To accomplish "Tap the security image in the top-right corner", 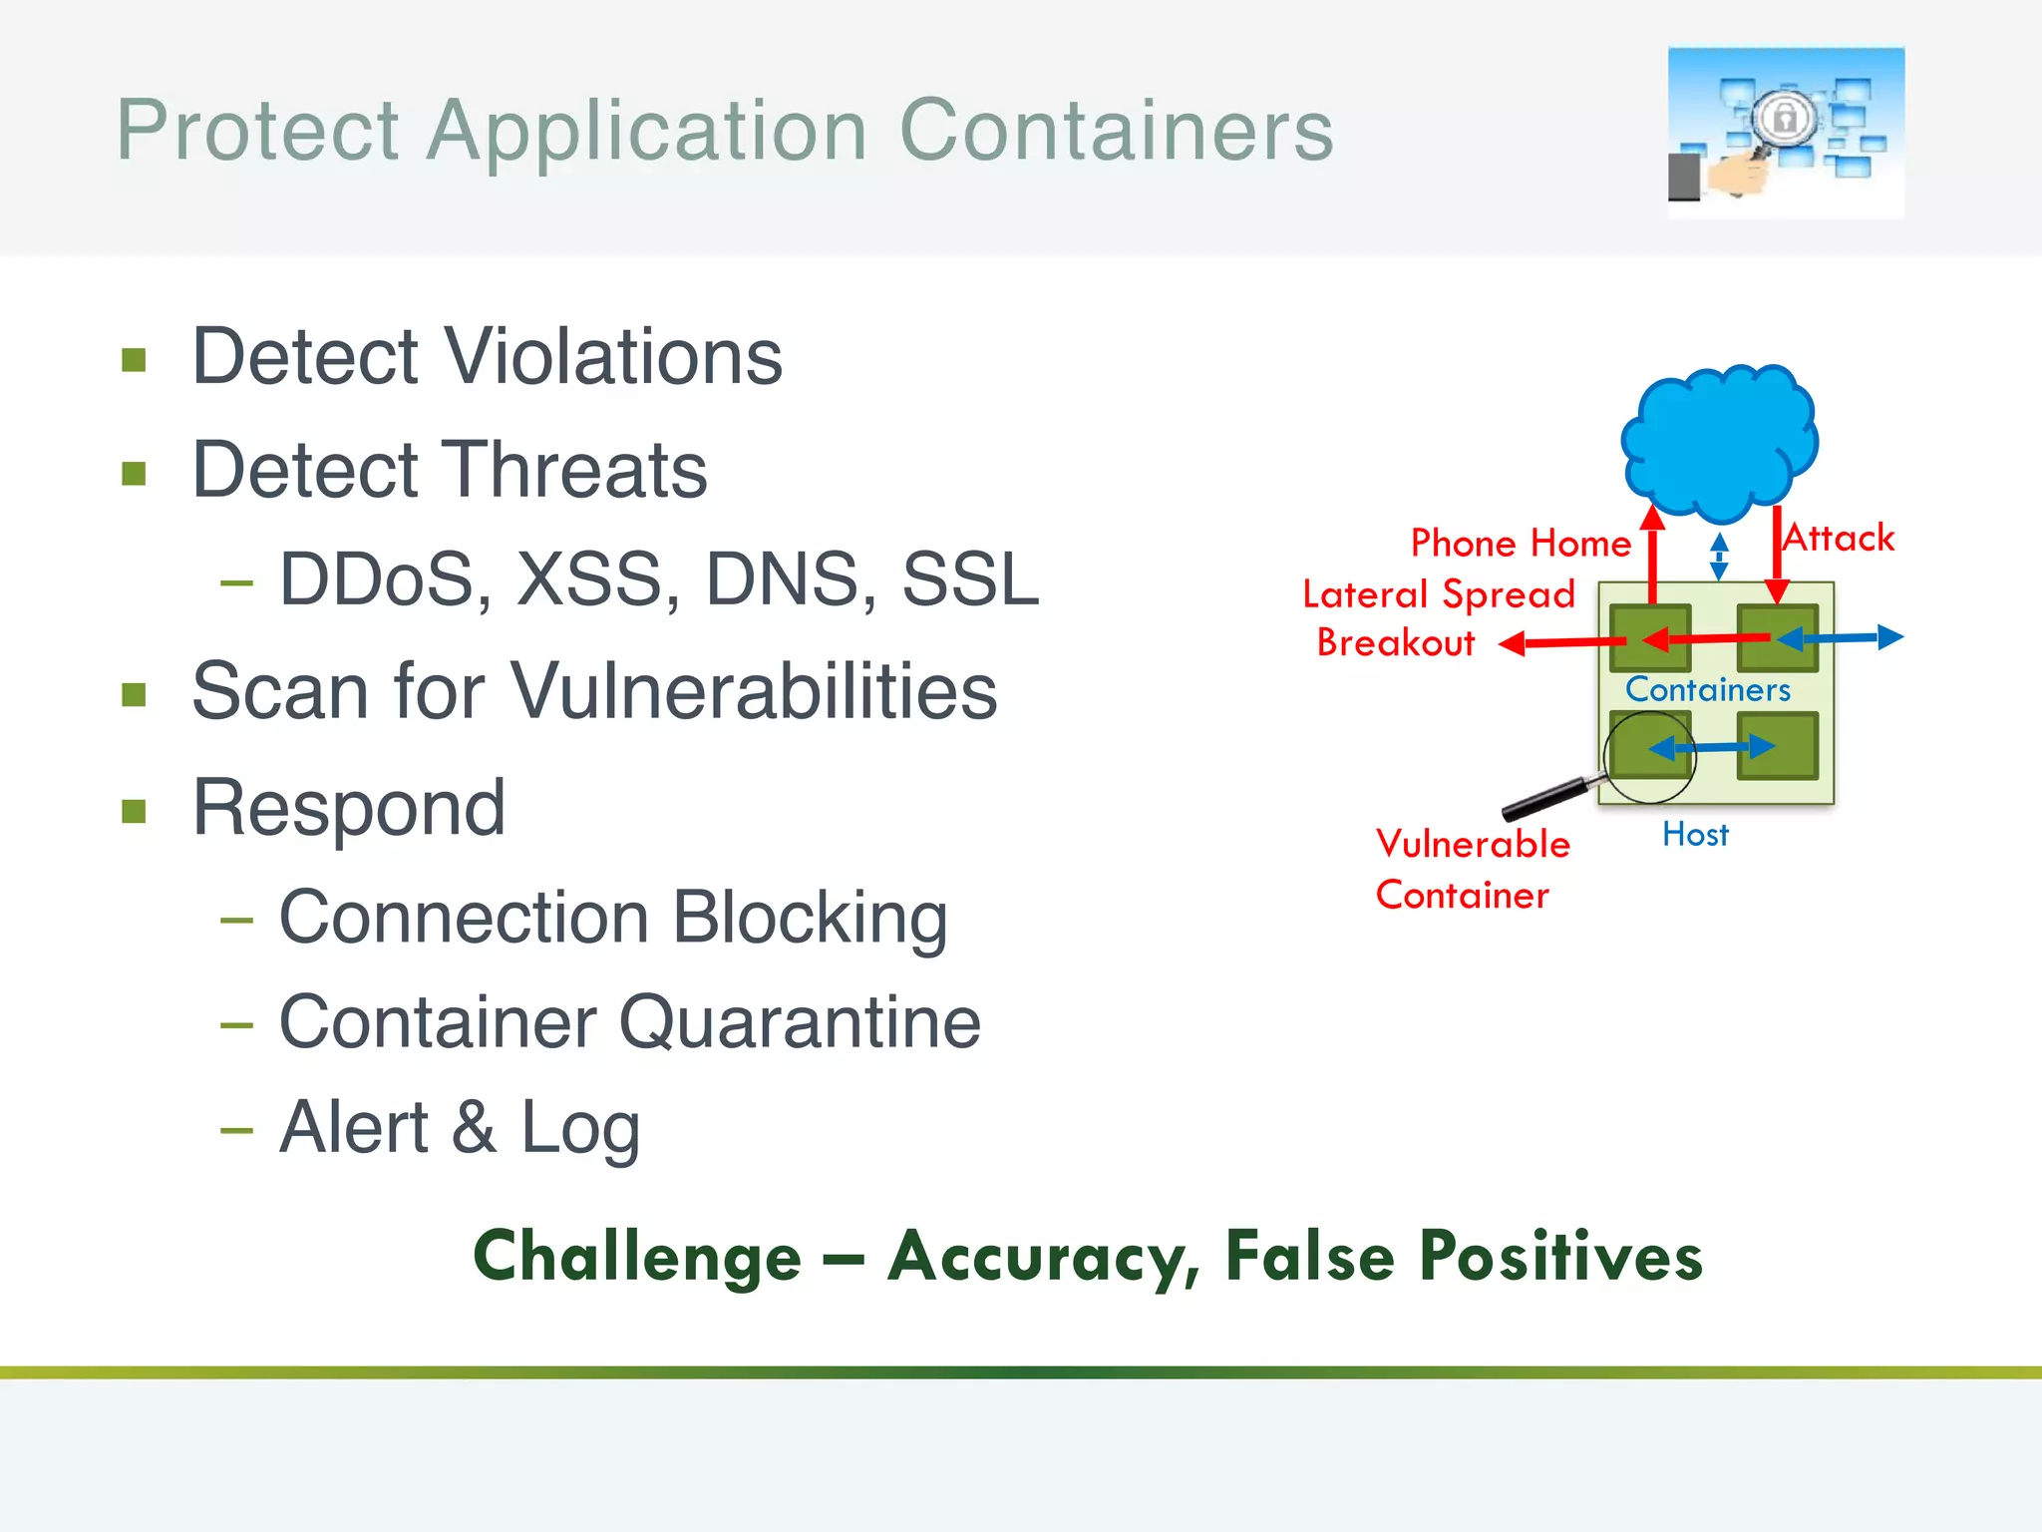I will click(1785, 133).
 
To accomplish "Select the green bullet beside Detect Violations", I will click(134, 359).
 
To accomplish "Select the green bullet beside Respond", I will click(134, 810).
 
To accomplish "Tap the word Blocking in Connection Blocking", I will click(810, 918).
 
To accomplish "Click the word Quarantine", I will click(800, 1023).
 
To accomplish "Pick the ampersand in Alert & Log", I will click(474, 1128).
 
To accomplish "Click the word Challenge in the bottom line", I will click(637, 1257).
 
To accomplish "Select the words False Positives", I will click(1464, 1257).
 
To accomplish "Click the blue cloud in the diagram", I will click(1720, 439).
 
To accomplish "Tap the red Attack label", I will click(1840, 539).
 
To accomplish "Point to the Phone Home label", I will click(1521, 544).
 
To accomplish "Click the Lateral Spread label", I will click(1438, 594).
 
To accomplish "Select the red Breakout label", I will click(1395, 643).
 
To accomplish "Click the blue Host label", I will click(1695, 835).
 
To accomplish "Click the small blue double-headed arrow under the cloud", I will click(1719, 557).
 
